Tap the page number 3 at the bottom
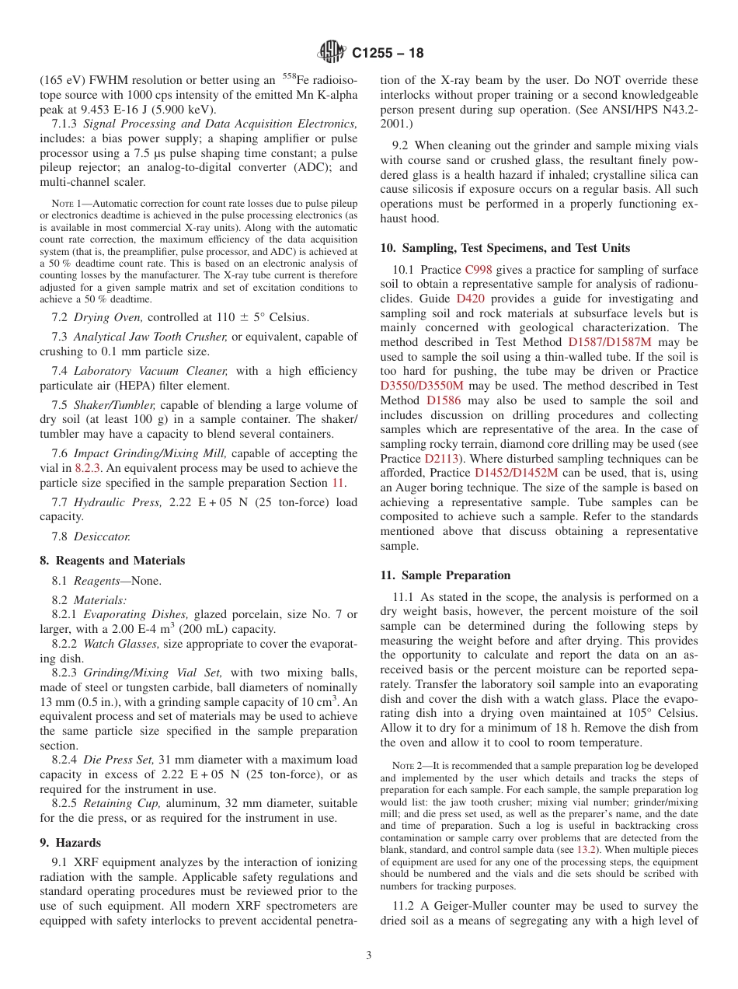click(369, 955)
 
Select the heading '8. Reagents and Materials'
click(112, 561)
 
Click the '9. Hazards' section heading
click(70, 843)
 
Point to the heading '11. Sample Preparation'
click(445, 575)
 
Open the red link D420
click(470, 299)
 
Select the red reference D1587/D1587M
click(610, 342)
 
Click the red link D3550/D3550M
click(422, 386)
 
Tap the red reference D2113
click(440, 458)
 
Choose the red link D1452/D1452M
click(516, 473)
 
